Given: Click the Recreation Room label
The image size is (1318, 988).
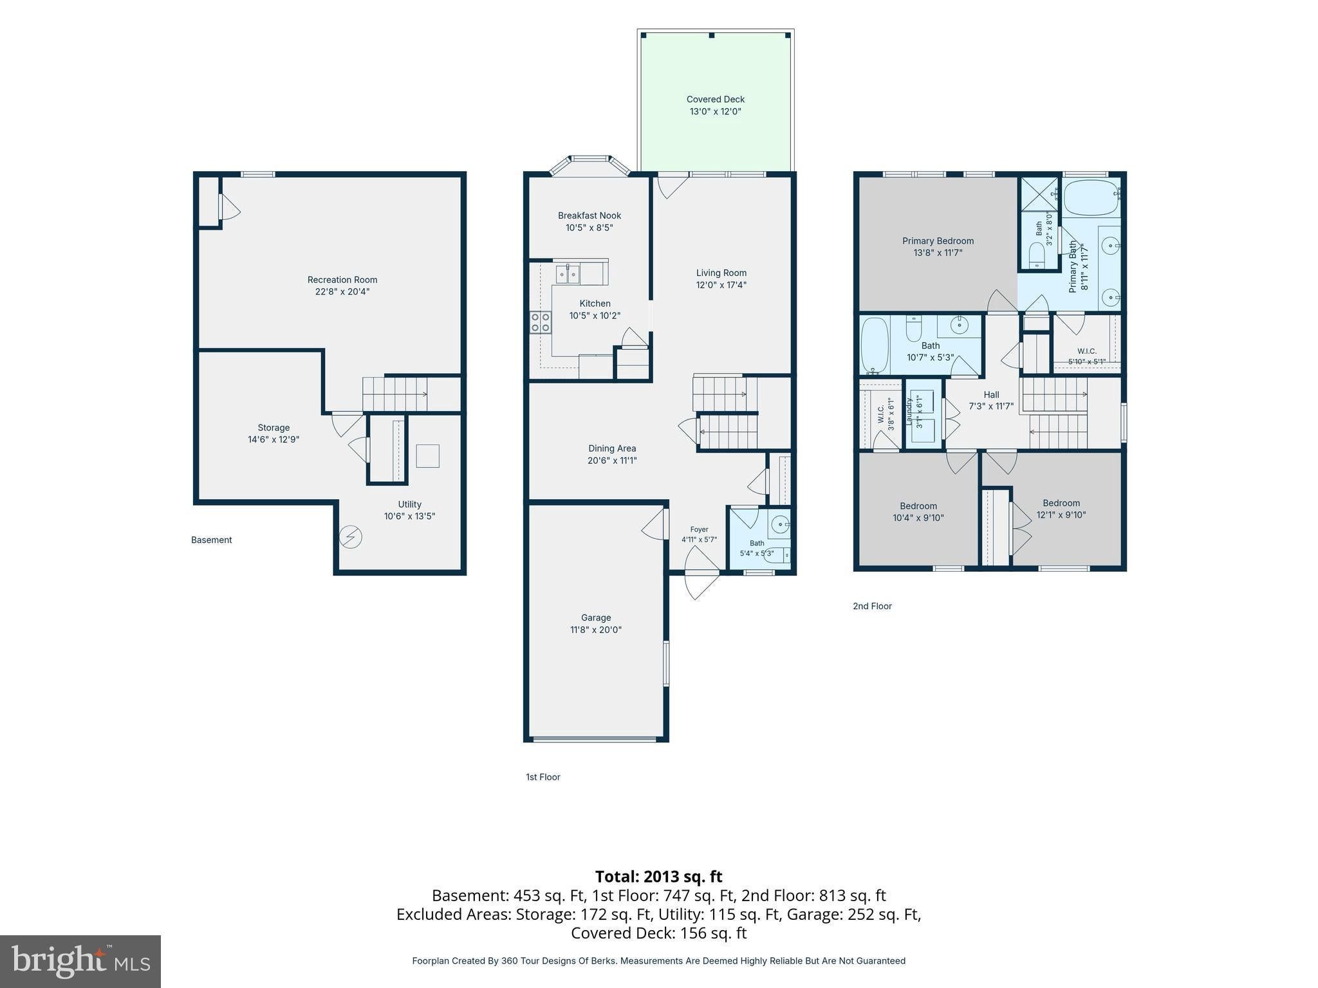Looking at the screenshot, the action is (342, 280).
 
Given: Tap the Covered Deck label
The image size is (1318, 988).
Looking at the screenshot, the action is (715, 99).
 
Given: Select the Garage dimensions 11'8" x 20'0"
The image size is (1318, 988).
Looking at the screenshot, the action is (595, 630).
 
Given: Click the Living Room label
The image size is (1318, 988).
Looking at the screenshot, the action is (721, 273).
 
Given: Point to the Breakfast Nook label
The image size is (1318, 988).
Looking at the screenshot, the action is (589, 215).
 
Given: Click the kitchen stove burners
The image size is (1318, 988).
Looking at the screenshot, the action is (541, 322).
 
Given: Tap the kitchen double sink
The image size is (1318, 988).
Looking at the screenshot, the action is (568, 275).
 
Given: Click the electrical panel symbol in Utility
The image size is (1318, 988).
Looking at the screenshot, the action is (351, 536).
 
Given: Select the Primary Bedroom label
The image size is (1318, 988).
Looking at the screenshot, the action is (938, 241).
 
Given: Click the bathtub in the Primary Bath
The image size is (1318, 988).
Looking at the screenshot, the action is (1091, 197).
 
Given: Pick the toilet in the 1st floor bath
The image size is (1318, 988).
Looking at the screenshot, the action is (777, 554).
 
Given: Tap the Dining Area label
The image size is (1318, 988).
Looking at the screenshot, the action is (612, 448).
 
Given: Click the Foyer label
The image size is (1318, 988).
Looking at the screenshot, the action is (699, 529).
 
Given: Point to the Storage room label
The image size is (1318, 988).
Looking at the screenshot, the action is (274, 428).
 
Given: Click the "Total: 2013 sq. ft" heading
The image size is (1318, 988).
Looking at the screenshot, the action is (658, 876).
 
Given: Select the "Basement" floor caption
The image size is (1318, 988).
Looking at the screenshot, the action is (211, 540).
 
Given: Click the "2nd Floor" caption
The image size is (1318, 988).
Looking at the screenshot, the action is (872, 606).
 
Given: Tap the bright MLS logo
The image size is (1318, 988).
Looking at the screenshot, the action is (81, 961).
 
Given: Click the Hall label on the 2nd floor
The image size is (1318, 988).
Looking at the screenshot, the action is (991, 395).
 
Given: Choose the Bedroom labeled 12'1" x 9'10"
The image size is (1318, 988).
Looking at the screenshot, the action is (1061, 503).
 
